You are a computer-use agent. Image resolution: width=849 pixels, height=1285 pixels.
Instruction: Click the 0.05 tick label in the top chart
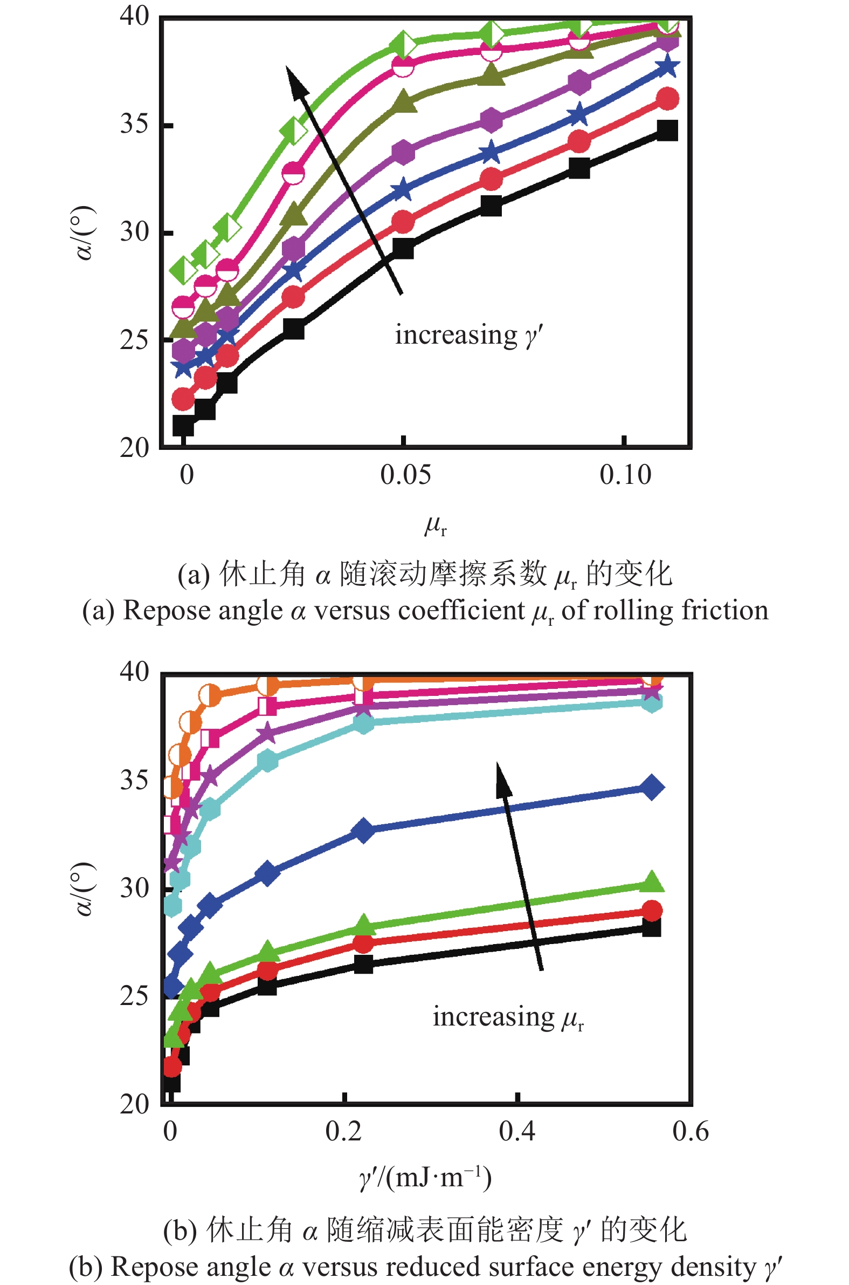(x=405, y=475)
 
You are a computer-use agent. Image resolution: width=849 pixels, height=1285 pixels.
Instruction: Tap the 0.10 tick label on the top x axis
(x=625, y=475)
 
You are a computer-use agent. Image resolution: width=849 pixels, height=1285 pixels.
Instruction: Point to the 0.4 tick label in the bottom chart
(x=517, y=1131)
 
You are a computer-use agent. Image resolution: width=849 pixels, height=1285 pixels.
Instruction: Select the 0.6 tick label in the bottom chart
(x=691, y=1131)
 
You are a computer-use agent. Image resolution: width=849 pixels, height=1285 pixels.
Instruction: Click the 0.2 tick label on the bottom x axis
(x=343, y=1131)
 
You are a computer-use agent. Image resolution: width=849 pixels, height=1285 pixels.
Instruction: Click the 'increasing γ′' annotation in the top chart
(x=468, y=335)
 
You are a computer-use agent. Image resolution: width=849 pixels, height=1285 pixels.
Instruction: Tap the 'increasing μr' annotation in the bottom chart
(x=507, y=1017)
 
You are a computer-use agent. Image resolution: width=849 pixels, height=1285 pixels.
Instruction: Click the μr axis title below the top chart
(x=436, y=525)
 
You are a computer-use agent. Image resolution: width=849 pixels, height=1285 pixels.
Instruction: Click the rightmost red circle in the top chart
(x=667, y=99)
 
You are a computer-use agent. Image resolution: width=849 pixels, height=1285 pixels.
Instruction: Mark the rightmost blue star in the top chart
(x=667, y=68)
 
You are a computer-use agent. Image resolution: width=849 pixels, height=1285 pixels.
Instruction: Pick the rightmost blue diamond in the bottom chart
(x=651, y=787)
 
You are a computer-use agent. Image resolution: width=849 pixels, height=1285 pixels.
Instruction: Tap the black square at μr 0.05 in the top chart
(x=403, y=249)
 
